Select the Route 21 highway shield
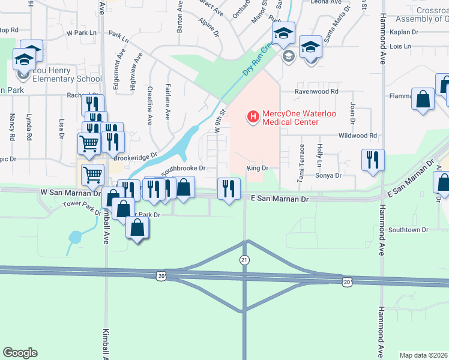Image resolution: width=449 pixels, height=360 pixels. [244, 259]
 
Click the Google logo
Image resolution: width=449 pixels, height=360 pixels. [20, 353]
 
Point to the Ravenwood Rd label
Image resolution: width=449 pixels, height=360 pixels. [316, 92]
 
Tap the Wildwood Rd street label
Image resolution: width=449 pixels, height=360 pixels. [357, 136]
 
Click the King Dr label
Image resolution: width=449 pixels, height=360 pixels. [256, 169]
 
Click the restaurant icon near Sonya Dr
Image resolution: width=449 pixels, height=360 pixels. [372, 160]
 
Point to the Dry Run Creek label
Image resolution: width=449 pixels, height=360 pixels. [259, 58]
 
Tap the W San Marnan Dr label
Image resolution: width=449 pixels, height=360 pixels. [70, 193]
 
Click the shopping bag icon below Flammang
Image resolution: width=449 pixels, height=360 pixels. [423, 99]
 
